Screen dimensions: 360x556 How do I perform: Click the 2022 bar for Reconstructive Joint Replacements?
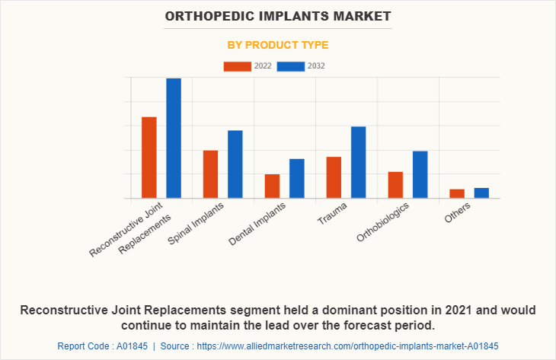click(x=149, y=158)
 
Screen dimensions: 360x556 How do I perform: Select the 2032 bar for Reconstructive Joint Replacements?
click(x=174, y=138)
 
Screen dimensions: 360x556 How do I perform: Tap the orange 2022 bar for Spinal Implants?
click(x=210, y=174)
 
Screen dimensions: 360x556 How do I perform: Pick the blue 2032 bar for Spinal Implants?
click(x=235, y=164)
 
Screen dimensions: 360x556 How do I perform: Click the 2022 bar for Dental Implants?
click(x=272, y=186)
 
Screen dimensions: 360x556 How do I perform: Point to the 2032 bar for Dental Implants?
click(x=296, y=178)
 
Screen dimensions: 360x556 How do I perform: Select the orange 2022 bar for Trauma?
click(x=334, y=177)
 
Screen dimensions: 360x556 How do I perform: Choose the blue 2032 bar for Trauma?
click(x=358, y=162)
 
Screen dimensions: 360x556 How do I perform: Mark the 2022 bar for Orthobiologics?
click(x=395, y=185)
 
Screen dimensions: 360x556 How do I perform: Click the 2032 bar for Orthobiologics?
click(x=420, y=174)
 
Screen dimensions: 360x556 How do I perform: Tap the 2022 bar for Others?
click(x=457, y=193)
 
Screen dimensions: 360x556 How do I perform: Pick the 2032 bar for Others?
click(x=481, y=193)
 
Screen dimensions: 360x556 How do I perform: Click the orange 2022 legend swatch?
click(x=236, y=66)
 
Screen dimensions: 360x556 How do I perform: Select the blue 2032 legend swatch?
click(x=291, y=66)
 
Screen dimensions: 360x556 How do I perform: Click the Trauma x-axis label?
click(x=332, y=215)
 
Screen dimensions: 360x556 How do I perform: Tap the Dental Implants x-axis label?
click(x=257, y=225)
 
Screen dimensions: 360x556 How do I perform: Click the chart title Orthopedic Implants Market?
click(x=278, y=15)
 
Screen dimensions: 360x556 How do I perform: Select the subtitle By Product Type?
click(x=278, y=45)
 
